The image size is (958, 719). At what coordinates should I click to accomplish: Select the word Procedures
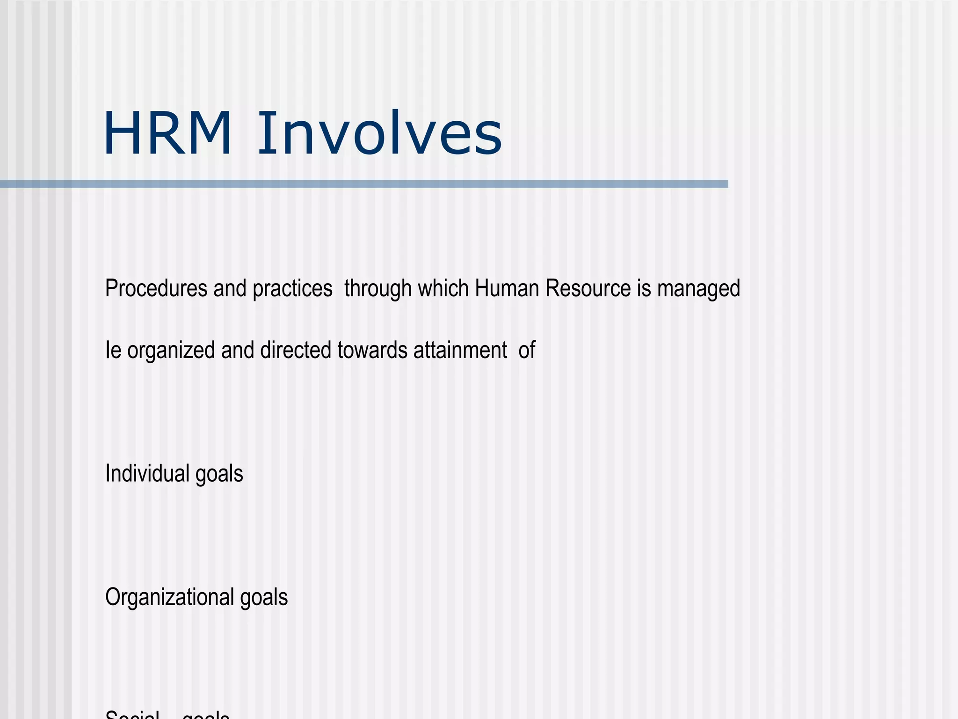pos(156,288)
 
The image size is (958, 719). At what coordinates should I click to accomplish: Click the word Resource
pos(588,288)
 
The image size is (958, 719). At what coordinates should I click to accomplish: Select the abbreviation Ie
pos(113,350)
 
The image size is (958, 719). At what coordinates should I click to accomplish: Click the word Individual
pos(147,473)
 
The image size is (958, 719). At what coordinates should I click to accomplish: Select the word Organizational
pos(169,598)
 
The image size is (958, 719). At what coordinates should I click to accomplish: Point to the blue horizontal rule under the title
pos(364,184)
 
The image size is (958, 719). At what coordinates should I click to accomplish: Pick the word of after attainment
pos(527,350)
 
